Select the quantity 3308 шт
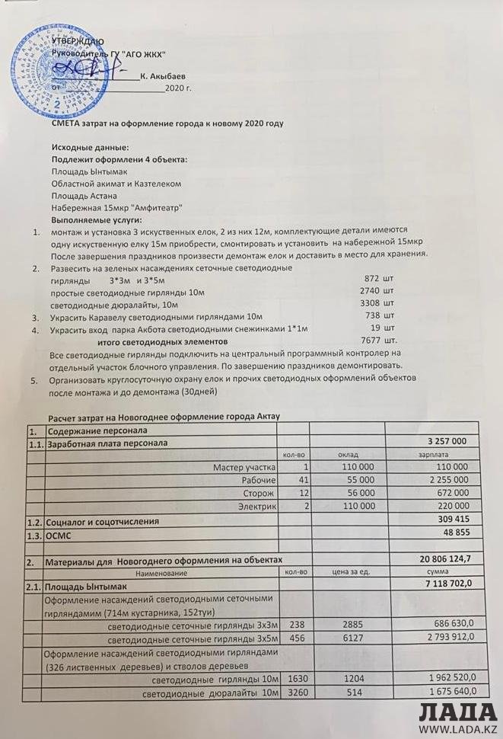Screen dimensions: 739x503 [x=377, y=302]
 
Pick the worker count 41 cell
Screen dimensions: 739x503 [x=302, y=479]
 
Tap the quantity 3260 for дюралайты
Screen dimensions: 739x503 [x=297, y=691]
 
